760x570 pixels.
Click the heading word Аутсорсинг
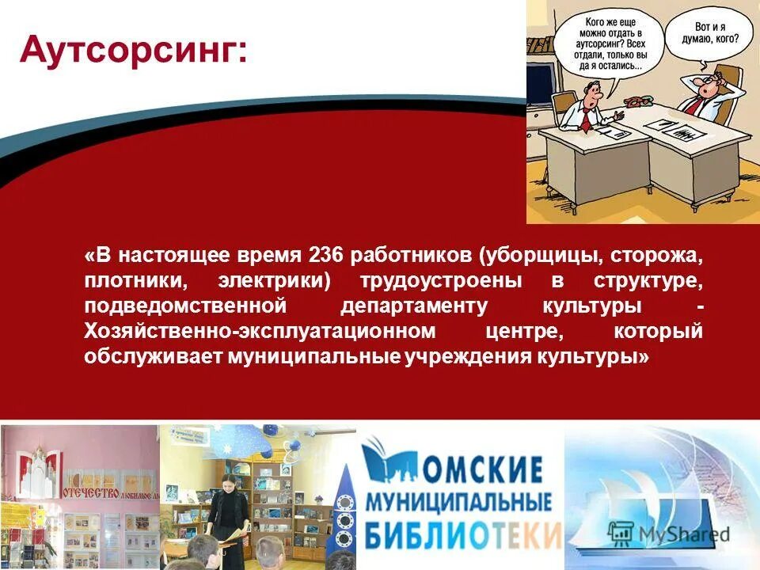click(133, 51)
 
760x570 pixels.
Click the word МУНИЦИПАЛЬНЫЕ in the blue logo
click(458, 502)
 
